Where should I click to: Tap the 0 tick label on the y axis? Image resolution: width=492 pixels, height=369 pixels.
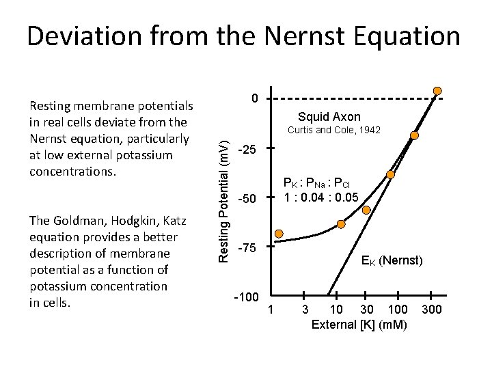[x=254, y=99]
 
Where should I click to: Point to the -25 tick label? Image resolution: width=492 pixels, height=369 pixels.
[x=247, y=149]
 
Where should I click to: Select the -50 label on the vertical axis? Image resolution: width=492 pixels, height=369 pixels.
[x=247, y=200]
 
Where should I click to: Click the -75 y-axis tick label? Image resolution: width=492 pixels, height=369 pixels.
[x=247, y=249]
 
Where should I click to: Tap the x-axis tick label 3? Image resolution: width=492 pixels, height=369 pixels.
[x=305, y=310]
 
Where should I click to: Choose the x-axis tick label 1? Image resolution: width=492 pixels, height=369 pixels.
[x=271, y=310]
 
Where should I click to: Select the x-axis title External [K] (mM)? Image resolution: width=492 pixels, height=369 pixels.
[x=359, y=325]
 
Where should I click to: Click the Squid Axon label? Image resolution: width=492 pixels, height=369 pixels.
[x=329, y=117]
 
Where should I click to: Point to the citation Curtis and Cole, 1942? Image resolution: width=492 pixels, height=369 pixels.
[x=333, y=130]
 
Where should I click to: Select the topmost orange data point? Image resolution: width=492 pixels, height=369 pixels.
[x=437, y=91]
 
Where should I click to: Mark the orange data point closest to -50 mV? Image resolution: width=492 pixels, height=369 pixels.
[x=341, y=223]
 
